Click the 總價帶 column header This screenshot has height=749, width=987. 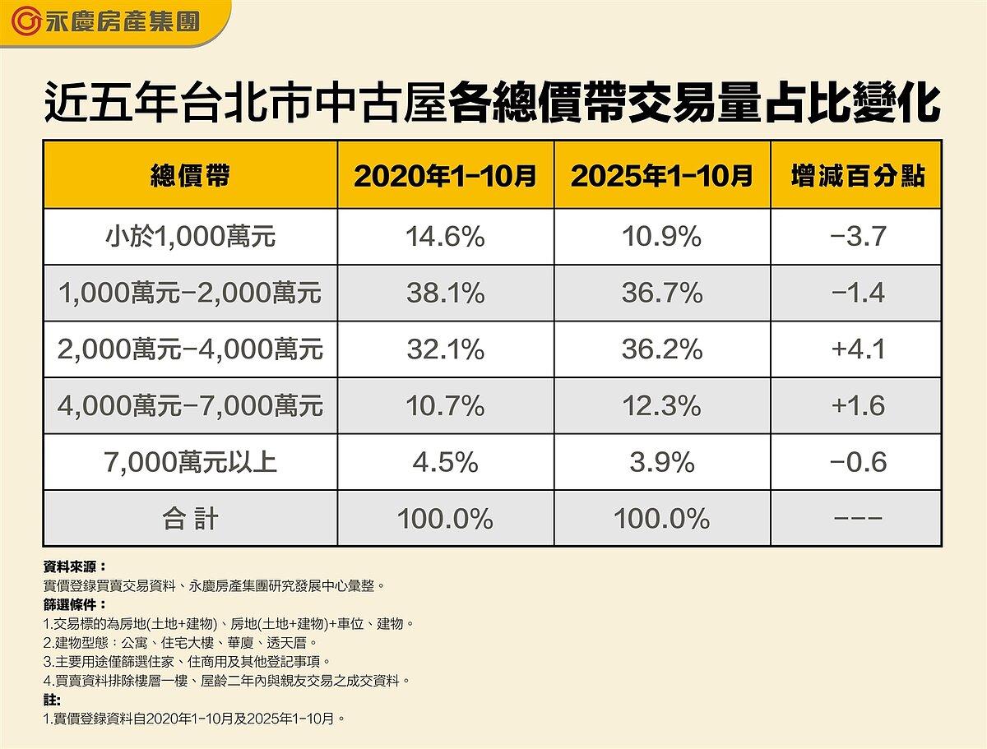tap(190, 175)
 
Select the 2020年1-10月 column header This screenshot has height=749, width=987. tap(445, 175)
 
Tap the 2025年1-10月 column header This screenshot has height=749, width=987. tap(661, 175)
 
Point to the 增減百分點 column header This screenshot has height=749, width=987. tap(857, 175)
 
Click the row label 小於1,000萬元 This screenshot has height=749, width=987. tap(190, 238)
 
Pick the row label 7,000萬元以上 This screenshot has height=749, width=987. tap(190, 462)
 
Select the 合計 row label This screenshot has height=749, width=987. tap(190, 519)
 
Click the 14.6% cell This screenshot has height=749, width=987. tap(445, 238)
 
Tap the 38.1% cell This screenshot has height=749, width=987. tap(445, 294)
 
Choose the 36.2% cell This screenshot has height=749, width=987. tap(661, 349)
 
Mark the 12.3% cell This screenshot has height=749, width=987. tap(661, 406)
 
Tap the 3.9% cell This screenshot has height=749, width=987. tap(661, 462)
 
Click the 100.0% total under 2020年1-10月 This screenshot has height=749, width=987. tap(445, 519)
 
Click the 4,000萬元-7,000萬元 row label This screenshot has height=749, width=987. tap(190, 406)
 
